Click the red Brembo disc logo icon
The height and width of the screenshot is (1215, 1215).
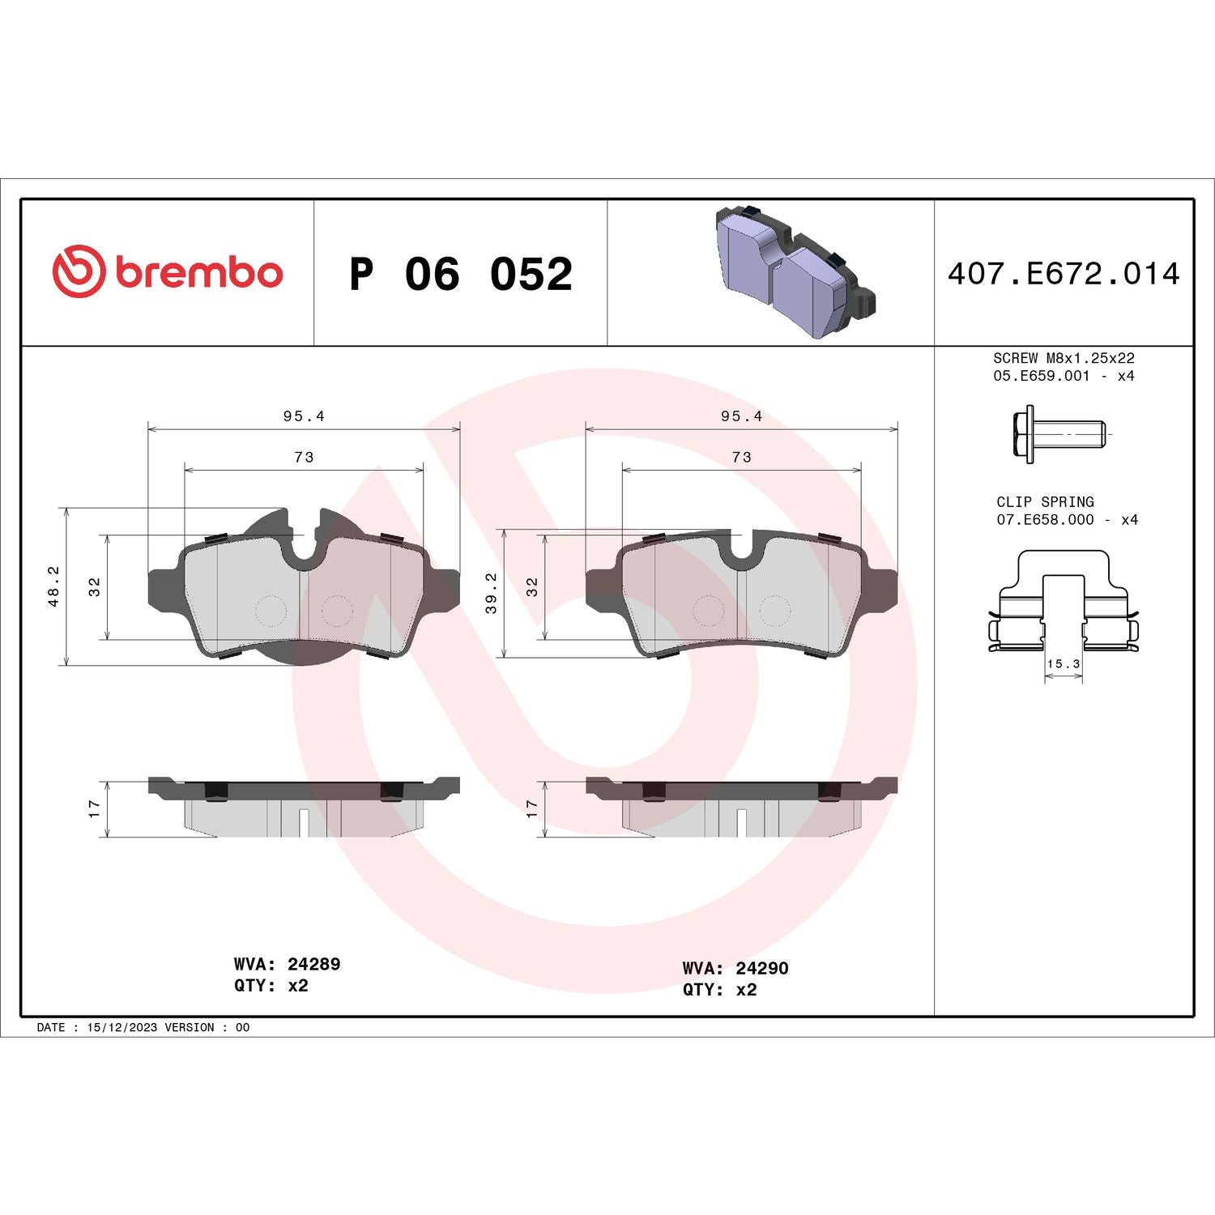click(79, 270)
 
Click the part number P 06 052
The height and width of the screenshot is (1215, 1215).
click(461, 274)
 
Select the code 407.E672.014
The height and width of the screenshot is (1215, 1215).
click(1064, 274)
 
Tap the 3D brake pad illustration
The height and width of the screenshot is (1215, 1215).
click(795, 269)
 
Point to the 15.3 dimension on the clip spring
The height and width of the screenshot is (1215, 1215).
click(1063, 664)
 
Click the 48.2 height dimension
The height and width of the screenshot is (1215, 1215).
click(53, 586)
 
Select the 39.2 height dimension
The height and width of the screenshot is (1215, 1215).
click(492, 593)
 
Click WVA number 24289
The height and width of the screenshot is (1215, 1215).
click(313, 964)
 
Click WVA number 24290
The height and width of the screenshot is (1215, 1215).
click(761, 968)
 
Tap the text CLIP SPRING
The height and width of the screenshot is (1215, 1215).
click(1045, 502)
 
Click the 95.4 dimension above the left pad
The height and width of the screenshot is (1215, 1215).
click(304, 416)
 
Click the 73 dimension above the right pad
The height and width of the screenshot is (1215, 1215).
click(741, 458)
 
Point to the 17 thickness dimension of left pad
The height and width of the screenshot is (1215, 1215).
click(95, 808)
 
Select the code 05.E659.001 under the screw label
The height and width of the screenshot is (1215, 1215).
click(1042, 376)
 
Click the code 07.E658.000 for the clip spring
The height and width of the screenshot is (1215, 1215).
click(1045, 520)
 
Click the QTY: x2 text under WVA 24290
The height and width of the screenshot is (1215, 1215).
click(719, 990)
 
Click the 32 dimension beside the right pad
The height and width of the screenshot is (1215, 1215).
click(532, 587)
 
